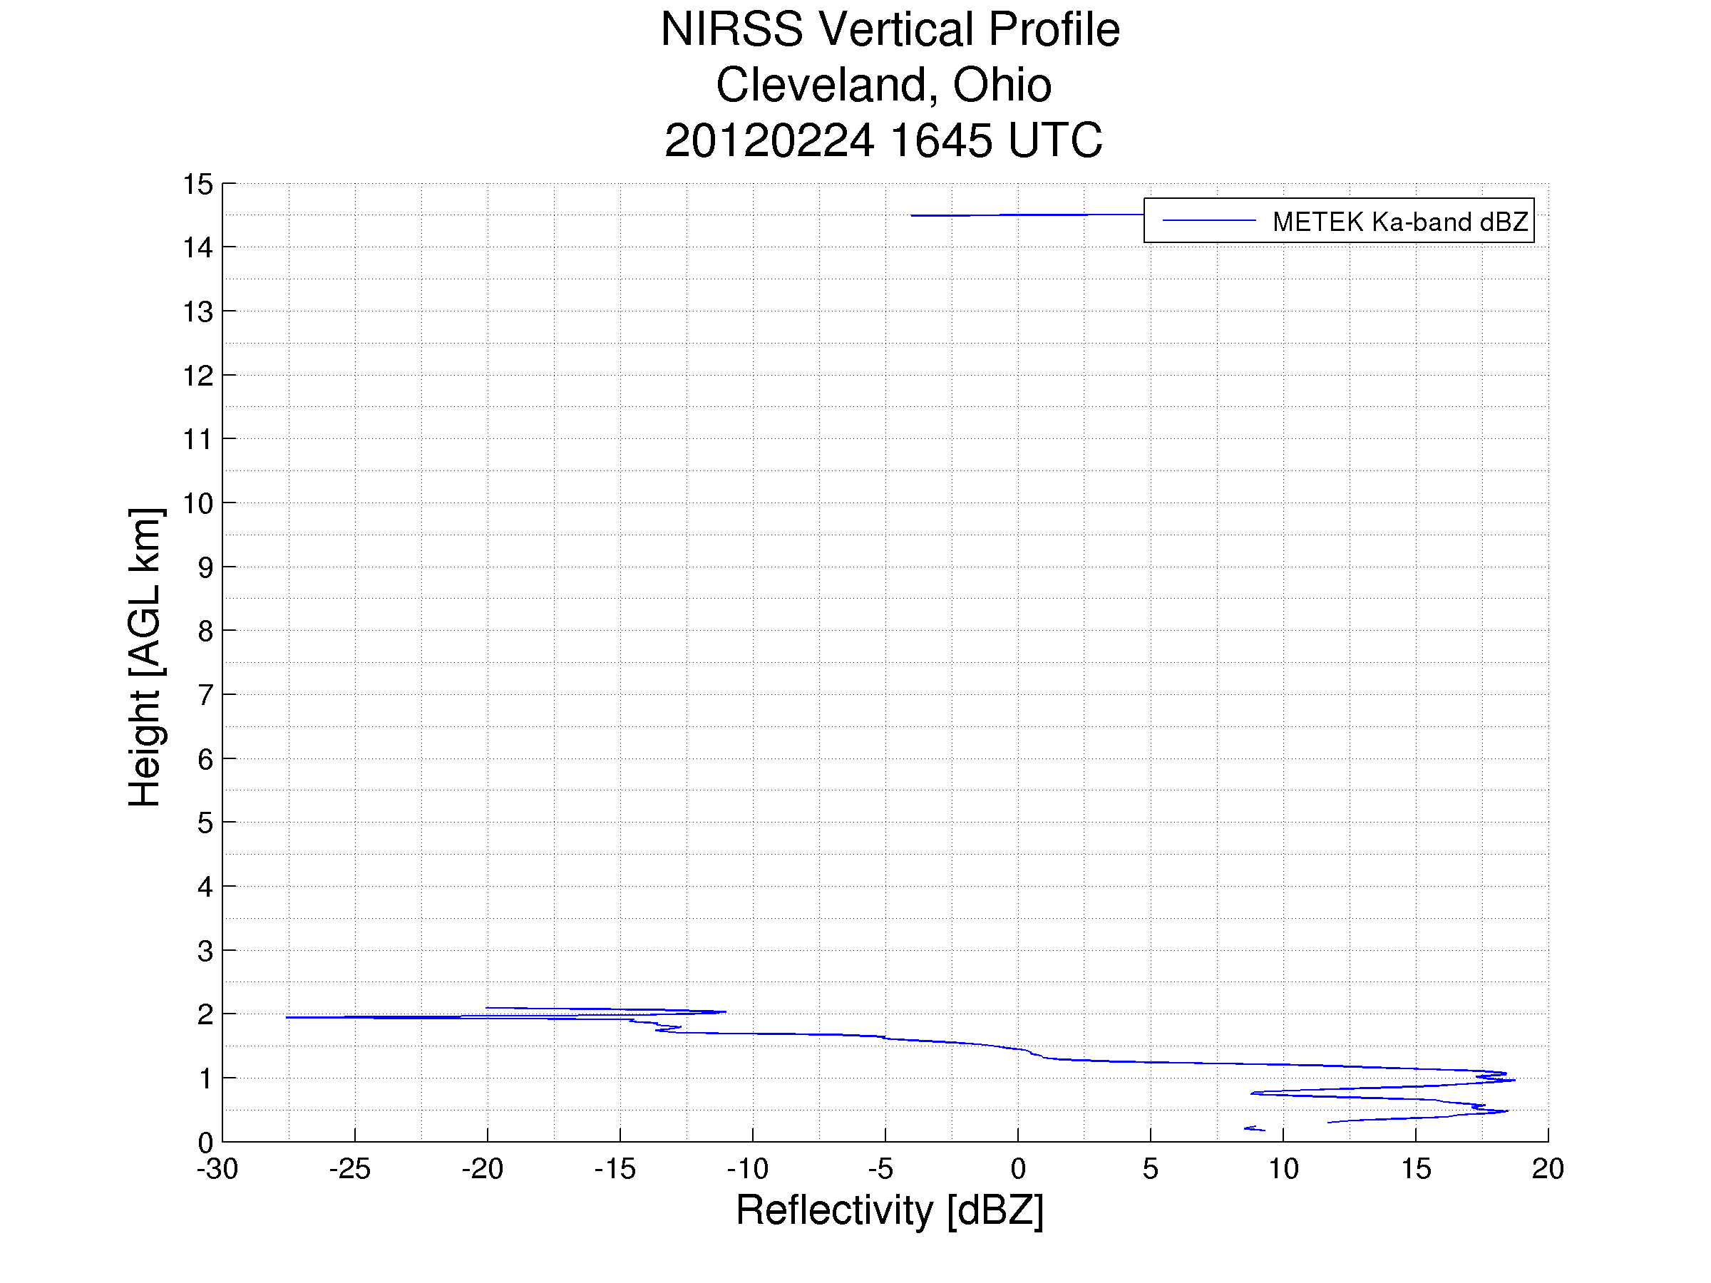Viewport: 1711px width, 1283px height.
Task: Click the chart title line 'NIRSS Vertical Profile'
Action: tap(890, 30)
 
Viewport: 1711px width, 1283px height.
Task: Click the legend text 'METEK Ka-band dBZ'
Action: tap(1399, 222)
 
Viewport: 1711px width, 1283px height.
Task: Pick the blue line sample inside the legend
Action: tap(1208, 221)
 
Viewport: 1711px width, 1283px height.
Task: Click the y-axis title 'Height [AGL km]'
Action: tap(145, 656)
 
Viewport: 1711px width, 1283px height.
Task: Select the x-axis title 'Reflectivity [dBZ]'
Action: tap(890, 1210)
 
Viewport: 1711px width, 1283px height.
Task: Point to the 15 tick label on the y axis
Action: tap(197, 185)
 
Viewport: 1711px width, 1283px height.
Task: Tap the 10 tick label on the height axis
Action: tap(197, 503)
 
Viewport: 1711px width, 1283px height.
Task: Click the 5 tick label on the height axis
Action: tap(204, 823)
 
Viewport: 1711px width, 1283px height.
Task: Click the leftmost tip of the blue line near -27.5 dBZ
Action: tap(288, 1017)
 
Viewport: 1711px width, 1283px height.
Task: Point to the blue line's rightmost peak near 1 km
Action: tap(1514, 1080)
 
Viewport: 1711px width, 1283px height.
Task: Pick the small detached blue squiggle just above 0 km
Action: tap(1254, 1128)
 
